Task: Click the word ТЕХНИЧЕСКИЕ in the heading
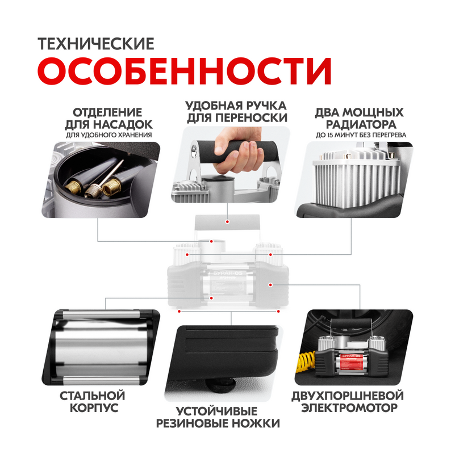pyautogui.click(x=96, y=44)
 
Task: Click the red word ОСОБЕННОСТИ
pyautogui.click(x=184, y=71)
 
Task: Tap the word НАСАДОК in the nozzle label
pyautogui.click(x=123, y=124)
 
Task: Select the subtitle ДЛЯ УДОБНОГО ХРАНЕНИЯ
pyautogui.click(x=109, y=135)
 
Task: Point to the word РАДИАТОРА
pyautogui.click(x=361, y=124)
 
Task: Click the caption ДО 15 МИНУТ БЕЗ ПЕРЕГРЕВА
pyautogui.click(x=361, y=135)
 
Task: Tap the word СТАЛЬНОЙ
pyautogui.click(x=92, y=396)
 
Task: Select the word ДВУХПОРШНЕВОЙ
pyautogui.click(x=348, y=396)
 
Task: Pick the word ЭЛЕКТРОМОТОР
pyautogui.click(x=349, y=408)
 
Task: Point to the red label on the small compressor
pyautogui.click(x=351, y=361)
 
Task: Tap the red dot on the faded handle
pyautogui.click(x=227, y=222)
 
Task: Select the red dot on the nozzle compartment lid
pyautogui.click(x=211, y=241)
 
